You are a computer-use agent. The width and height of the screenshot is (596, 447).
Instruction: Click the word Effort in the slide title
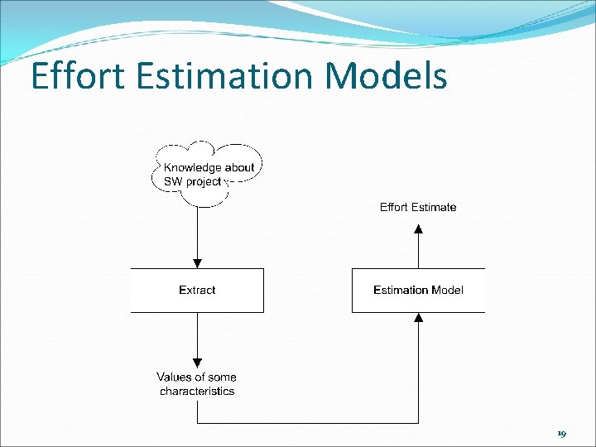click(x=72, y=76)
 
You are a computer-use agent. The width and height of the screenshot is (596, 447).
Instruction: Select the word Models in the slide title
click(x=387, y=76)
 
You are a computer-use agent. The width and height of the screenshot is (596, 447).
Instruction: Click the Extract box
click(x=197, y=290)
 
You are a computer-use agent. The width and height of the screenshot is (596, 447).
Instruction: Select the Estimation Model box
click(x=418, y=290)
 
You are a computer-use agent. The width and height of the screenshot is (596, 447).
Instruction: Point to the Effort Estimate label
click(x=418, y=207)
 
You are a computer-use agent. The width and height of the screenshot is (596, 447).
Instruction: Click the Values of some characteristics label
click(x=197, y=384)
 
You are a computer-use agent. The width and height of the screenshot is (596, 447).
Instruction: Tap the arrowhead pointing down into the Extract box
click(x=197, y=262)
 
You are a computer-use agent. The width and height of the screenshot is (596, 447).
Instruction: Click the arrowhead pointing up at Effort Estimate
click(x=418, y=228)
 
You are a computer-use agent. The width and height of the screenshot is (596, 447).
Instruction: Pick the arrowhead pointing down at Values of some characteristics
click(x=197, y=362)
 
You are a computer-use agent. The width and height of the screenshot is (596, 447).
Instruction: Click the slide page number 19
click(x=561, y=434)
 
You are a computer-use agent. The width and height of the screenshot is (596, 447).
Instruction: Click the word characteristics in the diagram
click(x=197, y=391)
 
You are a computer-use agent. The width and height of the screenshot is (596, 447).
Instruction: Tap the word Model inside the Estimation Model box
click(x=448, y=290)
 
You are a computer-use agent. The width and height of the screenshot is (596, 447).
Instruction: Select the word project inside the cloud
click(x=204, y=180)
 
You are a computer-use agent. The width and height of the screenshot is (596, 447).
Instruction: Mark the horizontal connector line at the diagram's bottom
click(x=306, y=423)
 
